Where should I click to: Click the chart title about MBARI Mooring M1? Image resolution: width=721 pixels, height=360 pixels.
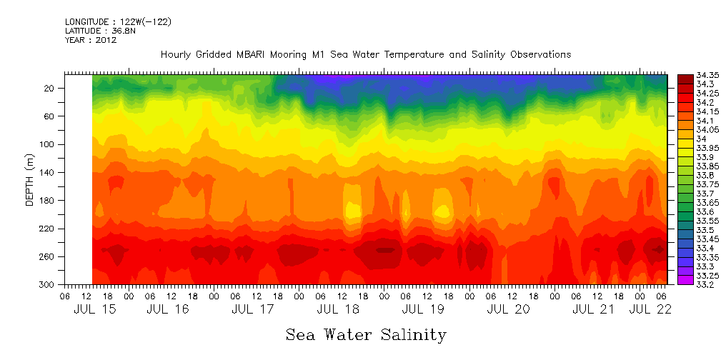365,54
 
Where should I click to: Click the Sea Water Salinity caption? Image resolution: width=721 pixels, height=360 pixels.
366,334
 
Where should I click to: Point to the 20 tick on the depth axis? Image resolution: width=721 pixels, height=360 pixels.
50,88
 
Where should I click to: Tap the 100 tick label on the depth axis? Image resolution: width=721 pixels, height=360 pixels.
48,144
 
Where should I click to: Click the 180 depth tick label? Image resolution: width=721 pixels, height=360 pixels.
48,201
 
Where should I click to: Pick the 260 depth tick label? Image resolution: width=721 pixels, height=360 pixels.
48,256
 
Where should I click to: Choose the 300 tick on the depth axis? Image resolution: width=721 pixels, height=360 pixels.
48,284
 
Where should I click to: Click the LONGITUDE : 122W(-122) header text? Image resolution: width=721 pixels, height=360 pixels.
118,21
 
